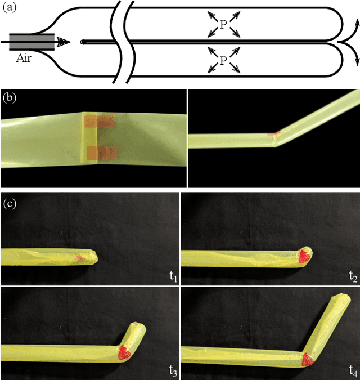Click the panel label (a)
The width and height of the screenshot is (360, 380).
[9, 8]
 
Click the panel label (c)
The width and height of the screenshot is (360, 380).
[9, 201]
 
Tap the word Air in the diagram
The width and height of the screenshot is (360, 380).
[24, 57]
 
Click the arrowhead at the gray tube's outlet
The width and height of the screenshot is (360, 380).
[64, 41]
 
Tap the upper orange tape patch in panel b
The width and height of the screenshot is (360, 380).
[100, 121]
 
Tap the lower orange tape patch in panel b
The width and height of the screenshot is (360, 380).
[101, 151]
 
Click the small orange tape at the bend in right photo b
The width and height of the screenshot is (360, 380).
[273, 135]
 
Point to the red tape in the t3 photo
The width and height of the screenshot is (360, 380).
[123, 353]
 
